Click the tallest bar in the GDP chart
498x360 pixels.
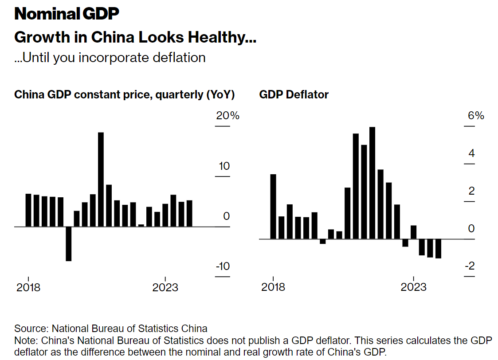101,179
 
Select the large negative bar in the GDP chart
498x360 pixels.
68,243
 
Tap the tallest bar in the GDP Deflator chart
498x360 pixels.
372,183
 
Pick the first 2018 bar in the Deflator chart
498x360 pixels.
273,206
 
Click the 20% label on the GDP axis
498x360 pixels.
227,116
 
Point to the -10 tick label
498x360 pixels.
223,266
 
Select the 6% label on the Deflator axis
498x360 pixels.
476,116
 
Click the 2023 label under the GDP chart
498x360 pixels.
165,288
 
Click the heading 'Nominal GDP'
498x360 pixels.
67,14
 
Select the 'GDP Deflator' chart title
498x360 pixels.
294,95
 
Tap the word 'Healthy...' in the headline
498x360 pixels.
222,37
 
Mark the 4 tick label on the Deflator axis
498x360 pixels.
471,154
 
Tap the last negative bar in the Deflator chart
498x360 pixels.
438,248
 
